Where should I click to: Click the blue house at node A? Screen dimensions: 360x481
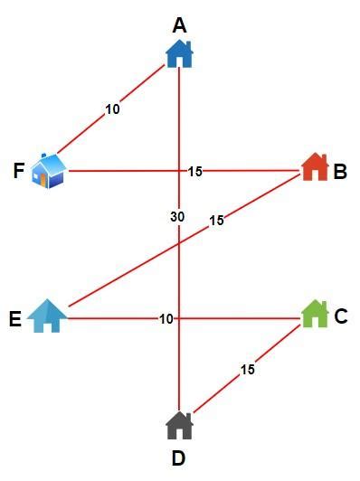point(180,53)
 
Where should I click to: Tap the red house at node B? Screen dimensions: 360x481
point(314,167)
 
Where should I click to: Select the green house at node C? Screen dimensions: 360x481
point(314,314)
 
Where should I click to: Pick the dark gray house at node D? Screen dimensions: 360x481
point(180,424)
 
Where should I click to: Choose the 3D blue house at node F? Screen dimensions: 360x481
point(49,170)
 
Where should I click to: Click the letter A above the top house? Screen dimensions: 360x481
point(180,25)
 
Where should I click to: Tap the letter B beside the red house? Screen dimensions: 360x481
point(340,171)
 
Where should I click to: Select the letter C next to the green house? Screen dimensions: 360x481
point(341,316)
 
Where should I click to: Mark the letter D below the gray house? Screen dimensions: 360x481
point(179,458)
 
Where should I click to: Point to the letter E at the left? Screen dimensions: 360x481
point(15,318)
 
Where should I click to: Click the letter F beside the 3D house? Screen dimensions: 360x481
point(19,171)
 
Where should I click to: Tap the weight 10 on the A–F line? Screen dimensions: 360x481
point(112,109)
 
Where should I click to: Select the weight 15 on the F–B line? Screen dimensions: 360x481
point(195,171)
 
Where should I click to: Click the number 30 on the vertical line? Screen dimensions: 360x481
point(178,217)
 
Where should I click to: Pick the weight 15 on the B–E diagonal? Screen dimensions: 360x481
point(216,221)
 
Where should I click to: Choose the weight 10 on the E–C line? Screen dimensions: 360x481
point(166,318)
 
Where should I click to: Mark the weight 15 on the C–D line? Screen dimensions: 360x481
point(248,369)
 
